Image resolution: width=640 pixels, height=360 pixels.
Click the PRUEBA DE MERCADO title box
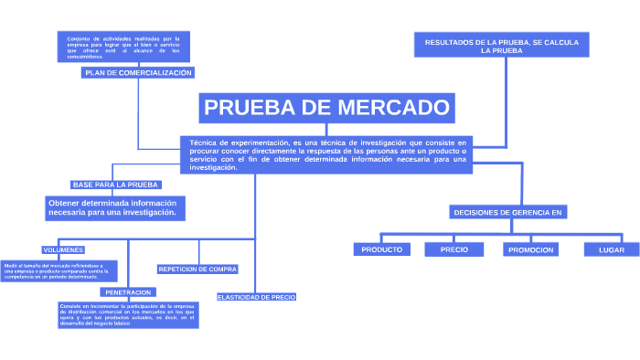(x=327, y=109)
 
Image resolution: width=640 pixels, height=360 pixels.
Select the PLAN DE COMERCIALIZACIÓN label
(x=138, y=72)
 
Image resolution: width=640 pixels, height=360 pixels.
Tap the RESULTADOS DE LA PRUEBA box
(x=502, y=47)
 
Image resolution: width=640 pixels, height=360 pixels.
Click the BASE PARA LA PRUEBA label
(x=116, y=185)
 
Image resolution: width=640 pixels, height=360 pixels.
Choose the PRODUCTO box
(x=382, y=249)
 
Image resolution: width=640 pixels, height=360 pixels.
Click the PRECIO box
(x=454, y=249)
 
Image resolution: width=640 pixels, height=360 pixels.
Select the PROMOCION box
(x=531, y=249)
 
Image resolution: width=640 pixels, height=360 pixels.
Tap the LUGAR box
(x=612, y=249)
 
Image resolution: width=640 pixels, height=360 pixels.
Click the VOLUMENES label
(x=63, y=249)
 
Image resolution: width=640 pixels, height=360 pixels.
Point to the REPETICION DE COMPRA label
(x=197, y=270)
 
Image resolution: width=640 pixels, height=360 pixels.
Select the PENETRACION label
(x=128, y=292)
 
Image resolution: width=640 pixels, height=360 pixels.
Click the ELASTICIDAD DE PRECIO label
(x=256, y=297)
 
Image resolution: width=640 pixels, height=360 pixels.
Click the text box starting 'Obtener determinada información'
(x=115, y=207)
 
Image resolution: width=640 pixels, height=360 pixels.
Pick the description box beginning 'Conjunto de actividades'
(x=111, y=47)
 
